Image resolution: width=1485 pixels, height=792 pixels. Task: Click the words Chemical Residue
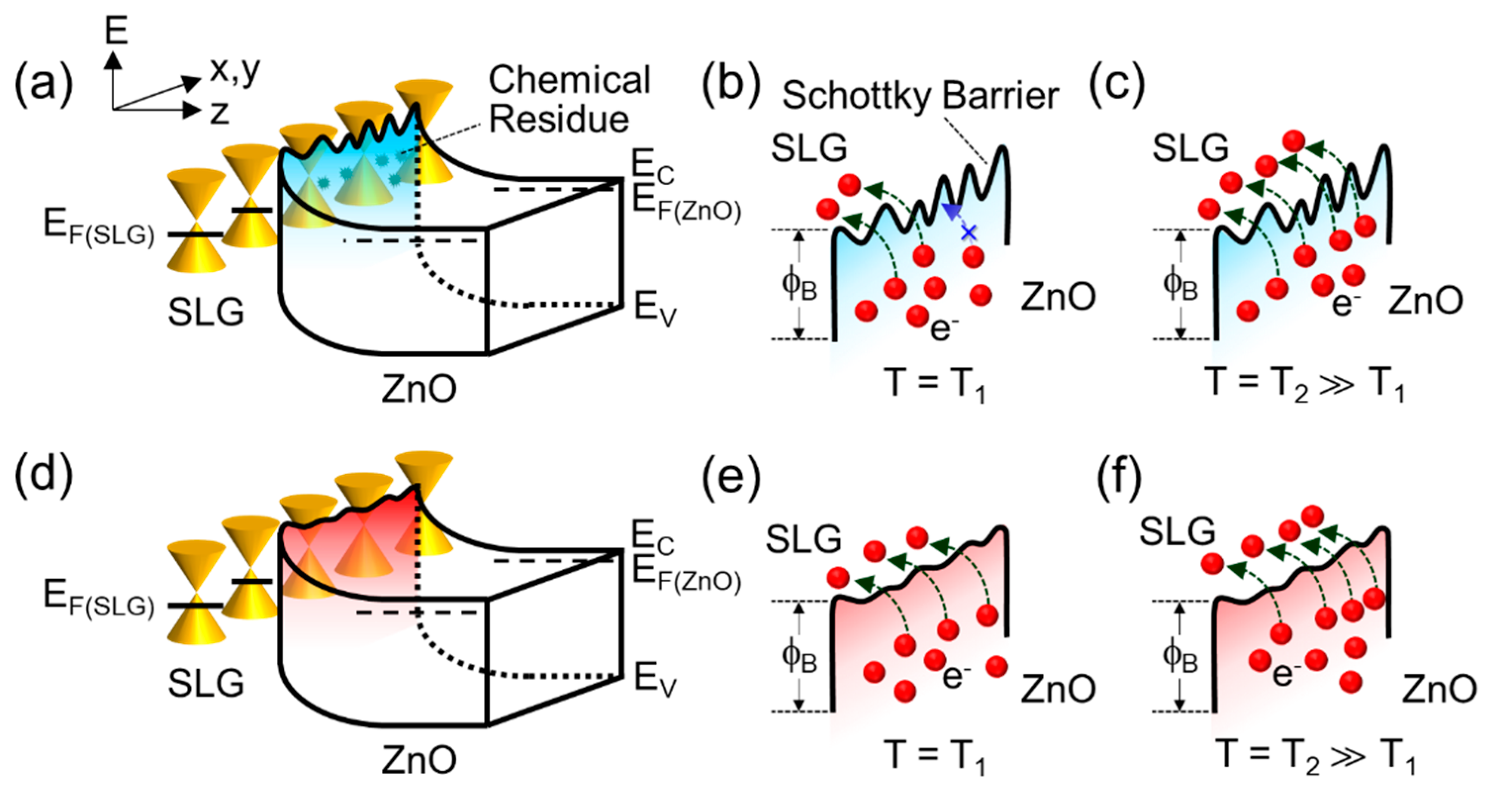[x=568, y=99]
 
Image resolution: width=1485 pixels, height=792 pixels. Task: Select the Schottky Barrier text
[x=920, y=95]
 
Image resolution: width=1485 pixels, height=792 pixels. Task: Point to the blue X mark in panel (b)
[x=969, y=233]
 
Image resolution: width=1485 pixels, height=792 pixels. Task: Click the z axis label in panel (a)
[x=219, y=112]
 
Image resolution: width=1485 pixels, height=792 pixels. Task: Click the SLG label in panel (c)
[x=1190, y=149]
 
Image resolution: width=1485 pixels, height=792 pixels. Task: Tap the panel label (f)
[x=1119, y=478]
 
